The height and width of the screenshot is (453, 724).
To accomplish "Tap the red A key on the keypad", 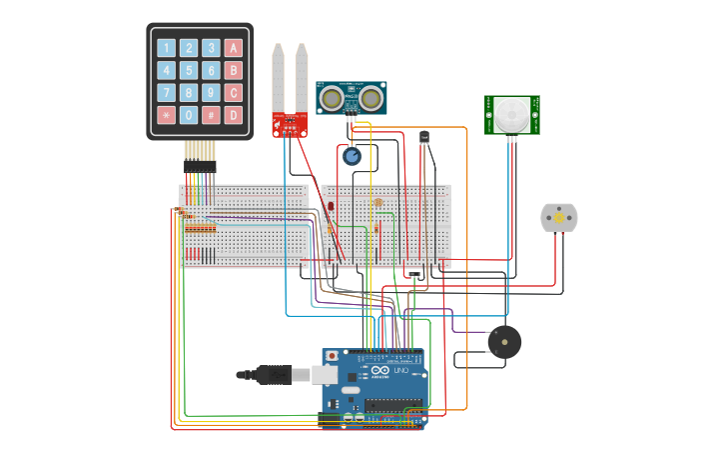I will coord(234,48).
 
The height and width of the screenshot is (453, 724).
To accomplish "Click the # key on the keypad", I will coord(211,115).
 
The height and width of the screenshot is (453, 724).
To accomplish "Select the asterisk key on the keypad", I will coord(166,115).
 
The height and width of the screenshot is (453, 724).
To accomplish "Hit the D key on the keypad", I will coord(234,115).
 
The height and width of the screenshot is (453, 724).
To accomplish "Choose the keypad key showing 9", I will coord(211,93).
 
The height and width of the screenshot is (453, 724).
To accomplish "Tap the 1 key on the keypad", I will coord(166,48).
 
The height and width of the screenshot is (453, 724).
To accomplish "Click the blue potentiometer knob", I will coord(352,156).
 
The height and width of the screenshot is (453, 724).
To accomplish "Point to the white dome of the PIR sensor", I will coord(512,114).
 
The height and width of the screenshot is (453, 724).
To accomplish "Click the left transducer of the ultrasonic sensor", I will coord(332,97).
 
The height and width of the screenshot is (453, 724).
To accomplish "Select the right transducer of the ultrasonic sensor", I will coord(371,97).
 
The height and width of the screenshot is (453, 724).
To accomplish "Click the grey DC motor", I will coord(559,218).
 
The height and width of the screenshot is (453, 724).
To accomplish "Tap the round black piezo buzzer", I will coord(504,342).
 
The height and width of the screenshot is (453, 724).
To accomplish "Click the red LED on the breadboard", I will coord(331,206).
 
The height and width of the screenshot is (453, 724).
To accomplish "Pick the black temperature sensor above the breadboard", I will coord(424,137).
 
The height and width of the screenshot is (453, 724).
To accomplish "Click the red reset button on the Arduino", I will coord(332,355).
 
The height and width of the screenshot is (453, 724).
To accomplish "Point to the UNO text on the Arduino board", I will coord(399,371).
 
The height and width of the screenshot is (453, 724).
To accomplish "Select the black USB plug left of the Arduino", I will coord(272,375).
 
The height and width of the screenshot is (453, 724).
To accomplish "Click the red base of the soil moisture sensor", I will coord(290,125).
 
